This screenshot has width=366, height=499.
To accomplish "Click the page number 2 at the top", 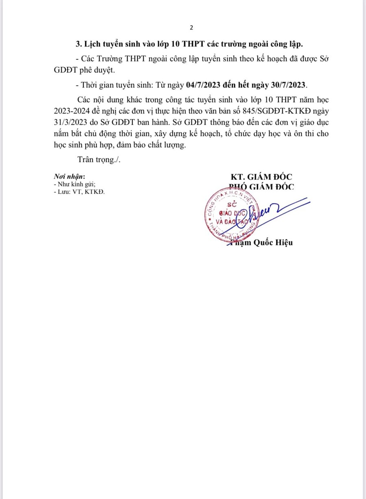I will tap(191, 28).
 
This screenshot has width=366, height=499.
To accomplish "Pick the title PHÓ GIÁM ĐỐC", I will tap(259, 187).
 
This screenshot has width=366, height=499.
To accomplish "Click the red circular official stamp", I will tap(231, 217).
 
